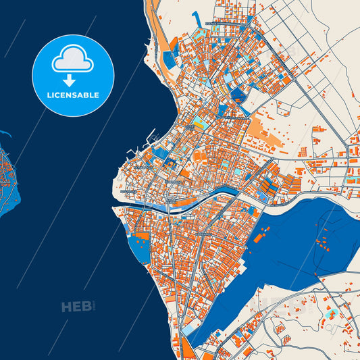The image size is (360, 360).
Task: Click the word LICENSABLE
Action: coord(74,95)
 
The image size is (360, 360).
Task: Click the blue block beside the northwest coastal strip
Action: coord(168,59)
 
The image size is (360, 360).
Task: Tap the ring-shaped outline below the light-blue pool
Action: coord(330,327)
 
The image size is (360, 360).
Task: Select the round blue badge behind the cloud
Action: coord(74,76)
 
